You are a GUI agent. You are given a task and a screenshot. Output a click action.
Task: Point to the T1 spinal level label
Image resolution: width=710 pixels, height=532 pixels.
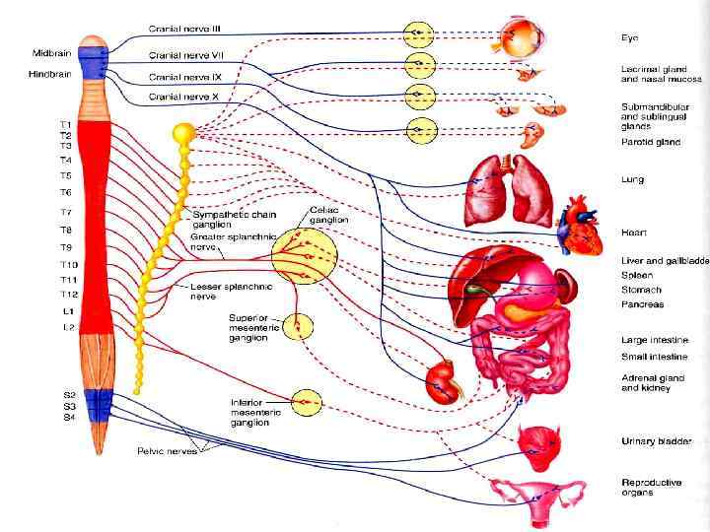[x=65, y=124]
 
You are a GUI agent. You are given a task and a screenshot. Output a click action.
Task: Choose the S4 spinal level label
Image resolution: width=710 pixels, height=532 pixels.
[x=69, y=417]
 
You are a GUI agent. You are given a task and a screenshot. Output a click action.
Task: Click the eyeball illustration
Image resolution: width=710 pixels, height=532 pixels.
[x=518, y=39]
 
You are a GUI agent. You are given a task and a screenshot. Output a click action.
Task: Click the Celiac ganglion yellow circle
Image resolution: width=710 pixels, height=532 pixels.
[x=305, y=256]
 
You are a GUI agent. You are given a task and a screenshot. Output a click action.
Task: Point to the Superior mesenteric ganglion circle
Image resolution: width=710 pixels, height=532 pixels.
[x=297, y=327]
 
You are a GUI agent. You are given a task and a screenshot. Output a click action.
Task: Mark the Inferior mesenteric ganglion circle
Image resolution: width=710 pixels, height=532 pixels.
[x=306, y=401]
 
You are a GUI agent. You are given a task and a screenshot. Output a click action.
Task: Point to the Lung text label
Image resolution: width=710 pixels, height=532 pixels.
[x=633, y=180]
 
